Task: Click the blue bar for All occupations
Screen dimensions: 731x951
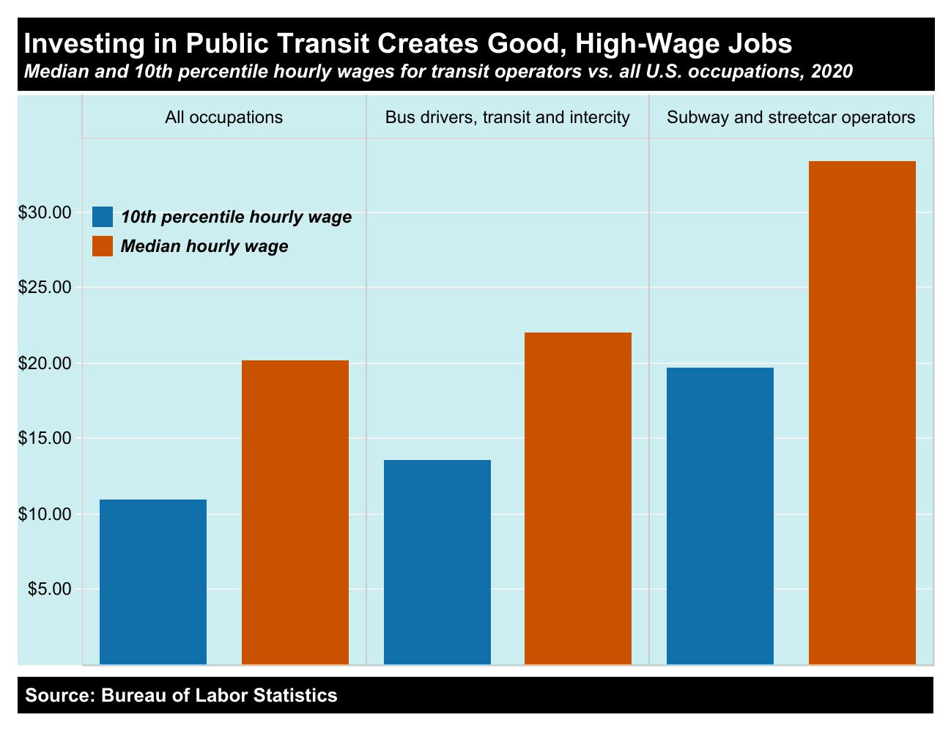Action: (x=152, y=582)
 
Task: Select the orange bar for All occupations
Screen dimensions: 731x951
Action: (x=295, y=512)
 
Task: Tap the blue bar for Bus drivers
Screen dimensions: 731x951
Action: (x=437, y=562)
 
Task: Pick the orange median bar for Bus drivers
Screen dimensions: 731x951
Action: (x=578, y=498)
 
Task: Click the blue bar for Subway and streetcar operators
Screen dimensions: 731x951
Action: (x=720, y=516)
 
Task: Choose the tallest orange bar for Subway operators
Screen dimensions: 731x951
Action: (x=862, y=412)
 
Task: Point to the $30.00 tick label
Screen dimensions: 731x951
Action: (x=45, y=212)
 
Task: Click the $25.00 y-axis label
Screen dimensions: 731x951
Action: (x=45, y=288)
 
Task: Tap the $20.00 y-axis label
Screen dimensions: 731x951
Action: (x=45, y=363)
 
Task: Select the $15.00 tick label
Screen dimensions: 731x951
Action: (x=45, y=439)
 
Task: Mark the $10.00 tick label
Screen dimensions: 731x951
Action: (x=45, y=514)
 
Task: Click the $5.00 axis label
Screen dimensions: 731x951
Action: (x=49, y=589)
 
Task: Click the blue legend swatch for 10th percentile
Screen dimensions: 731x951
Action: (x=103, y=218)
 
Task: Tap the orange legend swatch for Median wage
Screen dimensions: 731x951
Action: (x=103, y=246)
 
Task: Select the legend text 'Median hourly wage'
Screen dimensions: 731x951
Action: (x=204, y=247)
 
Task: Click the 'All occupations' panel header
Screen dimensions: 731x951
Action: (x=224, y=117)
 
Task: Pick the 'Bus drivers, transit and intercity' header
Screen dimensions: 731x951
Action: (x=508, y=117)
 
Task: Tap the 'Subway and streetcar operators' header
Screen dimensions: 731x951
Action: (x=791, y=117)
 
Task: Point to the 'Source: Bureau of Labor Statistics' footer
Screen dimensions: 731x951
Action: (x=182, y=695)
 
